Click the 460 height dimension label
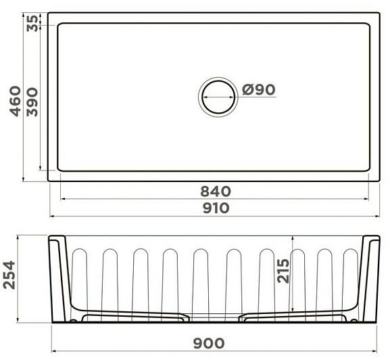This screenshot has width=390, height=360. coord(16,101)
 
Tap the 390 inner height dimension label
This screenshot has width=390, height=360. coord(32,102)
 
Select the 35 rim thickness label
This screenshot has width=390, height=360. coord(32,23)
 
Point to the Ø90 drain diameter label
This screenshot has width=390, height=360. coord(259,89)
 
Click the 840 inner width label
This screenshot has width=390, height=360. coord(216,192)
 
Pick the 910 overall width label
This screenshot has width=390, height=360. coord(216,208)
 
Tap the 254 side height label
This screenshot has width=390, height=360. coord(9,275)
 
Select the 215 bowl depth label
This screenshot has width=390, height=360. coord(283,271)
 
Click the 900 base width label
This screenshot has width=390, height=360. coord(209,344)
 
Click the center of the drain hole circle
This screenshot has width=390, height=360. coord(218,97)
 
